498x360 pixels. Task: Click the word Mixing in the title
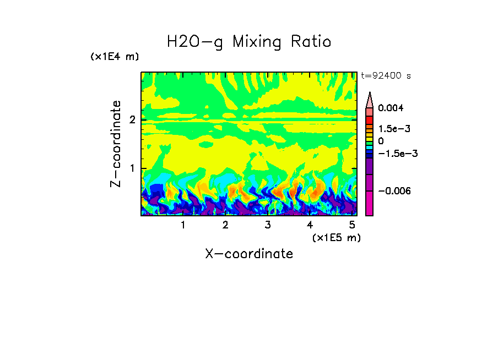tap(256, 42)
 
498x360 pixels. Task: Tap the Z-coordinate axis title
tap(116, 144)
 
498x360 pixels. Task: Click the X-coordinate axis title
tap(249, 254)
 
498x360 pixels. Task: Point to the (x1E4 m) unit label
tap(115, 57)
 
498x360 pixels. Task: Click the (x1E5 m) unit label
tap(336, 237)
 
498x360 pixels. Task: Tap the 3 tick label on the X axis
tap(267, 225)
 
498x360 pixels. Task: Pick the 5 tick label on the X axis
tap(352, 225)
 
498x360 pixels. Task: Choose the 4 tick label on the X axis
tap(310, 225)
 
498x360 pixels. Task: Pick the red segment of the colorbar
tap(370, 119)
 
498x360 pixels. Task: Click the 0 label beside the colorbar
tap(381, 141)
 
